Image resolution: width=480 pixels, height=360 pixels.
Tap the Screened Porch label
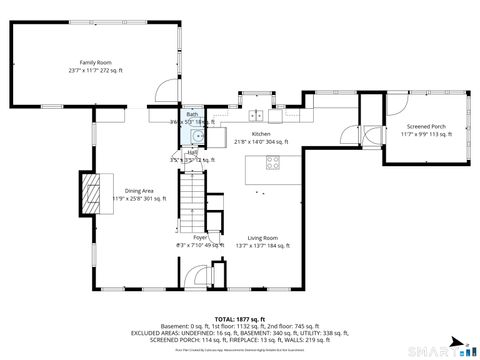426,127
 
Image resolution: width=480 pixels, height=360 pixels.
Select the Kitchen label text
261,134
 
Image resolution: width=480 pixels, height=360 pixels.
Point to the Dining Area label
139,190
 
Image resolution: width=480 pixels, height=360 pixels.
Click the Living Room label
263,237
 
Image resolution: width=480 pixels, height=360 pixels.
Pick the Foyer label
186,237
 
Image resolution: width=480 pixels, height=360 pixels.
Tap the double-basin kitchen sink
257,114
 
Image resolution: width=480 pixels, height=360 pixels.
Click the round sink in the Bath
198,135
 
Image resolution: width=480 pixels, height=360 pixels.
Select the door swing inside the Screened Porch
372,136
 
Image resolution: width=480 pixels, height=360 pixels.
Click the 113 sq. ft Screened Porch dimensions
426,135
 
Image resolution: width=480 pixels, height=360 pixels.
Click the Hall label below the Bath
190,152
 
